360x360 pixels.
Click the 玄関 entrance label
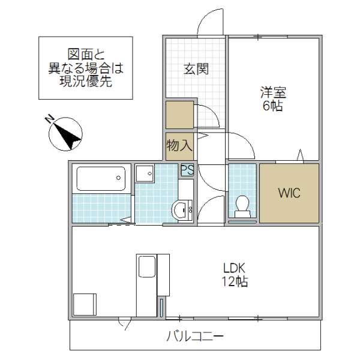[196, 69]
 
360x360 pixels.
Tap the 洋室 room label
[273, 93]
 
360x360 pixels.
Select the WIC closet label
[289, 193]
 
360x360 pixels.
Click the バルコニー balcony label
[195, 336]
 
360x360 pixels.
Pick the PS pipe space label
[187, 169]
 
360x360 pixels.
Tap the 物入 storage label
[179, 145]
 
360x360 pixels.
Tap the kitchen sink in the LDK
[146, 266]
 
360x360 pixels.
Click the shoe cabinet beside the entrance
[179, 115]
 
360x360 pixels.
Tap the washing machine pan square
[144, 174]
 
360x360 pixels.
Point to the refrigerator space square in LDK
[85, 304]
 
